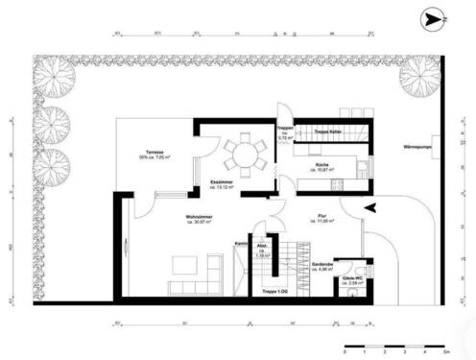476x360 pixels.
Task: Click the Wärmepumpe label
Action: click(x=411, y=148)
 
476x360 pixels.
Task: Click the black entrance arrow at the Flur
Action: click(x=372, y=206)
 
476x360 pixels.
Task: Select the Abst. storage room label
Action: click(x=262, y=252)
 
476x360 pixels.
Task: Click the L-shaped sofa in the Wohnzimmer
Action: click(x=193, y=279)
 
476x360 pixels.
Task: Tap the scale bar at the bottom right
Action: click(x=393, y=345)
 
